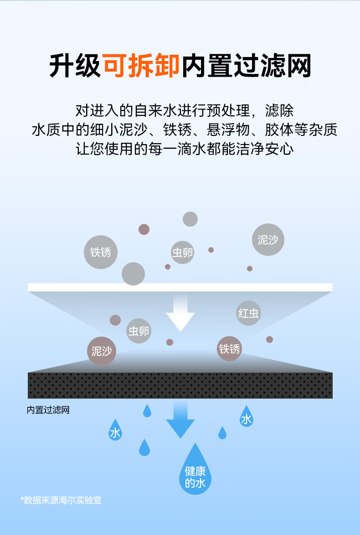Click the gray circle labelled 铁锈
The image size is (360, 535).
tap(101, 252)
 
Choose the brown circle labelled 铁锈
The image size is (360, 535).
tap(229, 349)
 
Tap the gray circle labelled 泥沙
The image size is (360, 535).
tap(268, 240)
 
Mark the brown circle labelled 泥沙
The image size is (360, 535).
tap(101, 351)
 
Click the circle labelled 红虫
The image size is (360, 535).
tap(248, 313)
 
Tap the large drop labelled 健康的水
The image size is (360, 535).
tap(195, 472)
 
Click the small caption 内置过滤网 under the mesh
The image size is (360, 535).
tap(48, 410)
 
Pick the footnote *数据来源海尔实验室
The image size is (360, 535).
tap(61, 500)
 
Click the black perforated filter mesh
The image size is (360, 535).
tap(180, 385)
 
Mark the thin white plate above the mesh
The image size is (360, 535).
tap(180, 287)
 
